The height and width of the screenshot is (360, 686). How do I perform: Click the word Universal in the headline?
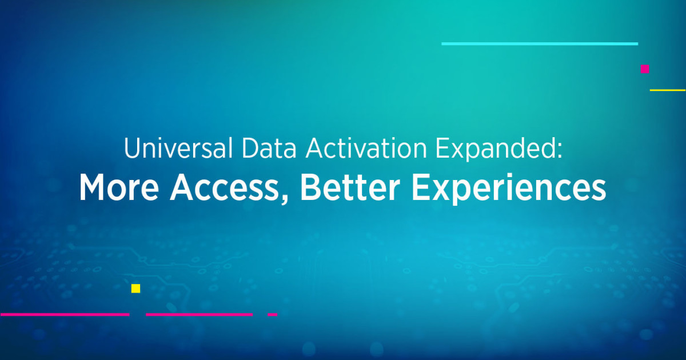click(x=170, y=149)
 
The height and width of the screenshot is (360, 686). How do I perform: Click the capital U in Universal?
click(x=131, y=149)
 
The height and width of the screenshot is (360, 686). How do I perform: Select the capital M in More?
click(x=91, y=187)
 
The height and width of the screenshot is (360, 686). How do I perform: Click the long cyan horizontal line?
click(x=539, y=43)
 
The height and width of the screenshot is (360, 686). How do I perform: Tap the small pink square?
click(x=645, y=69)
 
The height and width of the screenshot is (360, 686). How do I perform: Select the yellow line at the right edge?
click(x=668, y=90)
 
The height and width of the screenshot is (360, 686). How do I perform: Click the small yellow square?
click(x=135, y=289)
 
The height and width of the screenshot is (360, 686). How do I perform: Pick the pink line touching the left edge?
click(x=64, y=314)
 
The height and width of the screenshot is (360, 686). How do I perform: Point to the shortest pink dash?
click(x=273, y=314)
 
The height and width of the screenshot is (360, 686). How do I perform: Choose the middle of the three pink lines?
click(x=199, y=314)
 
